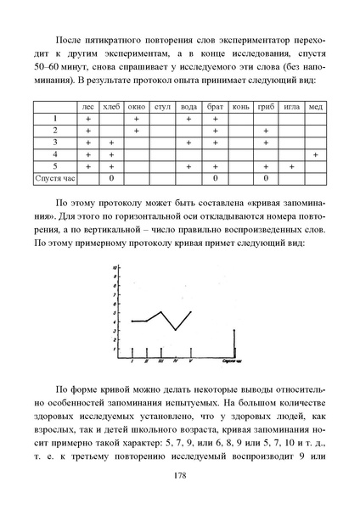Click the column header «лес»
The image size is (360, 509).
click(87, 108)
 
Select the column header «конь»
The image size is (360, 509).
click(240, 108)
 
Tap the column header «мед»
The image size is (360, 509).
click(315, 108)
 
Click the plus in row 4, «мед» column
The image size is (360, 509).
click(315, 155)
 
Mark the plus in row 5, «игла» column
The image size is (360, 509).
click(291, 168)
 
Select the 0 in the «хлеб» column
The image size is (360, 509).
click(111, 180)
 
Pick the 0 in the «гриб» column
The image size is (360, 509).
click(266, 180)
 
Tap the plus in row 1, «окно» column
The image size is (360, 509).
click(137, 120)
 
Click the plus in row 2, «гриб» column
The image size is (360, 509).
click(266, 131)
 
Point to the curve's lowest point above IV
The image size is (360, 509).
click(175, 329)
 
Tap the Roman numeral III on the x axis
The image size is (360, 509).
click(160, 361)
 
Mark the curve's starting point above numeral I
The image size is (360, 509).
click(132, 322)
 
